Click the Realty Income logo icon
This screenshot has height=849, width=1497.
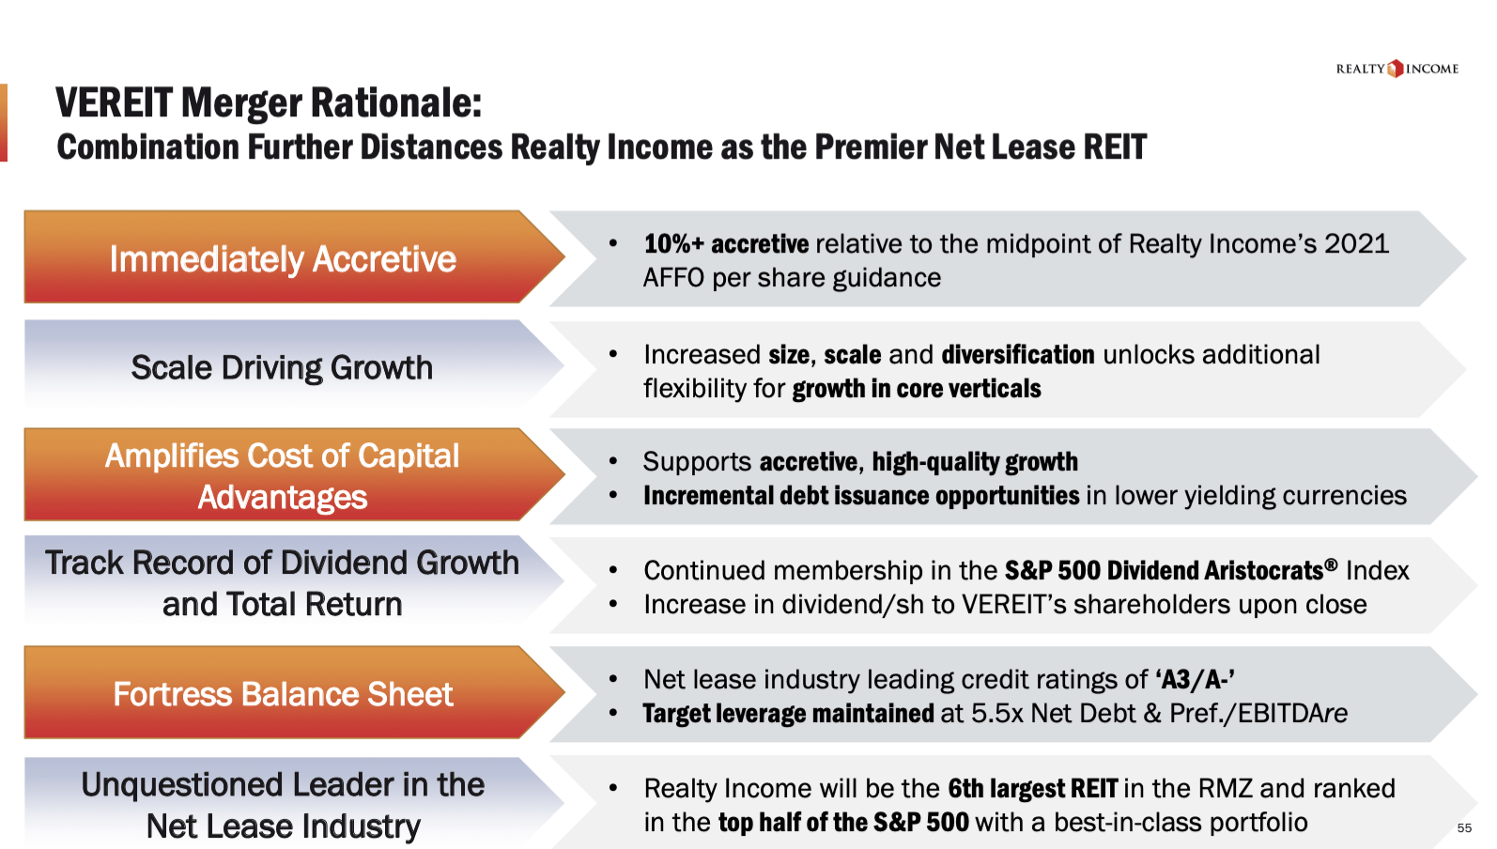point(1396,69)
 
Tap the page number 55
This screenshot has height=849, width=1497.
point(1464,828)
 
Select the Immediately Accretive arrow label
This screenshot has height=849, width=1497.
point(283,258)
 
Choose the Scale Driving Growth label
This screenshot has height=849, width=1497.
point(282,367)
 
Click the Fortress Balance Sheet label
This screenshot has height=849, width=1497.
point(283,694)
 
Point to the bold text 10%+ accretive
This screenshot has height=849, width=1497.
point(726,244)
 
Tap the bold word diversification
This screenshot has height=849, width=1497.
point(1018,355)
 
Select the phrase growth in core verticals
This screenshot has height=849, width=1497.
point(917,389)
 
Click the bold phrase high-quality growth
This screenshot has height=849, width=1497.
point(975,462)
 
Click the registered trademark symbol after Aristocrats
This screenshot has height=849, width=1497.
point(1331,564)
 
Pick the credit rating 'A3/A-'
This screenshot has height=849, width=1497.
point(1195,679)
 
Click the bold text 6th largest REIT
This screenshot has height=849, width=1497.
point(1032,789)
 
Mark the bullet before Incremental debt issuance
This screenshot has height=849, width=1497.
point(613,496)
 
